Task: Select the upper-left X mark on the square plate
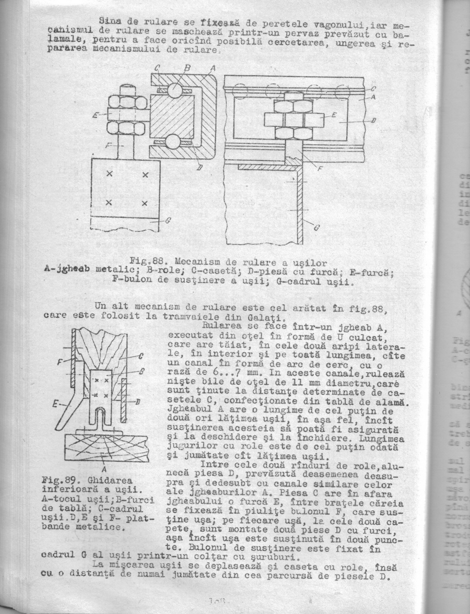(x=110, y=174)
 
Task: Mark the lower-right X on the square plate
(x=145, y=203)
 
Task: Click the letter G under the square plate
(x=168, y=220)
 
